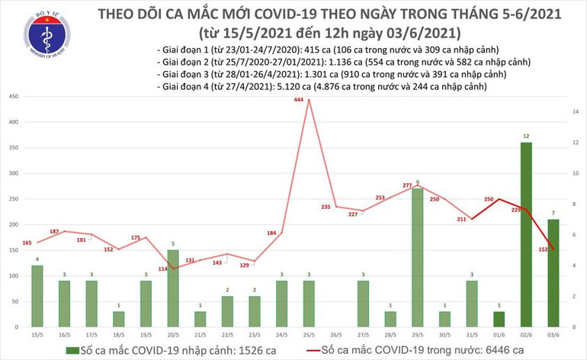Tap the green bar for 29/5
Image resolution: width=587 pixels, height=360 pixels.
tap(417, 258)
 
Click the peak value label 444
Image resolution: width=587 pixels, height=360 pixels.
tap(308, 90)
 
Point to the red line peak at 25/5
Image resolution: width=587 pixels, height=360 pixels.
tap(308, 99)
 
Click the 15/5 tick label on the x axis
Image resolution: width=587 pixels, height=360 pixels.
tap(37, 333)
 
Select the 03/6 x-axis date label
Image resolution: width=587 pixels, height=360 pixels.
tap(553, 333)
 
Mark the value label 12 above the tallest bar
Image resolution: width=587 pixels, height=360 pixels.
tap(526, 136)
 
